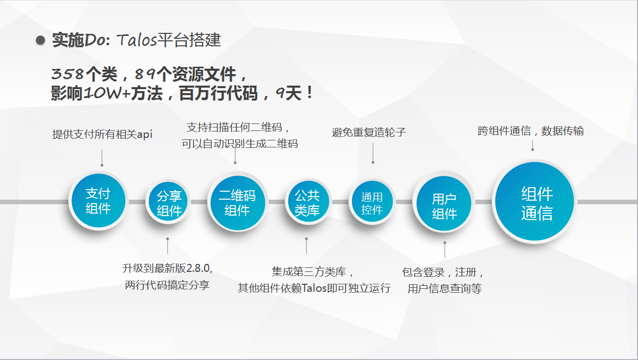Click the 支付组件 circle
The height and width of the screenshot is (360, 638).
[x=98, y=201]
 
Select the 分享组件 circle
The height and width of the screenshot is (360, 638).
[x=168, y=202]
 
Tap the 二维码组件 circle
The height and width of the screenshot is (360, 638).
[x=237, y=202]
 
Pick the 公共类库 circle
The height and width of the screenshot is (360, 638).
[x=308, y=201]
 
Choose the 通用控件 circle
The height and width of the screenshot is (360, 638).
[x=372, y=202]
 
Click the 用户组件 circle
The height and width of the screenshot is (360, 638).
[x=444, y=203]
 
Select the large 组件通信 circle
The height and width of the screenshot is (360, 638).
[x=534, y=201]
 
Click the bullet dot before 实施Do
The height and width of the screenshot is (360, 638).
[x=40, y=40]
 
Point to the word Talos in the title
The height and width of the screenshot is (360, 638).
[x=137, y=40]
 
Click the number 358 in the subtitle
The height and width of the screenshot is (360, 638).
[x=68, y=74]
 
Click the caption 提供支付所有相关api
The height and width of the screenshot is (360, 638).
[x=102, y=134]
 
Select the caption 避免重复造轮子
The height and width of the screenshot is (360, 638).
[x=369, y=132]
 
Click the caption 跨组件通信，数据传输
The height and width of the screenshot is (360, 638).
[x=531, y=131]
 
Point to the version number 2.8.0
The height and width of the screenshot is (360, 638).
[x=198, y=268]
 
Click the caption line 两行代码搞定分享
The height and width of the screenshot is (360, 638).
[x=167, y=285]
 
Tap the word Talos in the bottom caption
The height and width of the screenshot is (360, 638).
[x=314, y=288]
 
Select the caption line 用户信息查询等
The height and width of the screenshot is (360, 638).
[x=444, y=288]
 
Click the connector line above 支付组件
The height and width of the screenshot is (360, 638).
[x=102, y=157]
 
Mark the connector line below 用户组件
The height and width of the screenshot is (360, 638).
[x=444, y=249]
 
